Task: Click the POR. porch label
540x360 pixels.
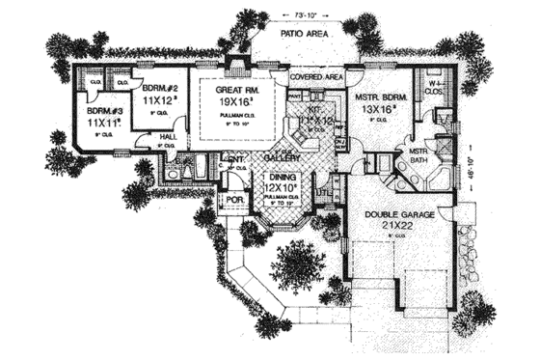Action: tap(232, 202)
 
